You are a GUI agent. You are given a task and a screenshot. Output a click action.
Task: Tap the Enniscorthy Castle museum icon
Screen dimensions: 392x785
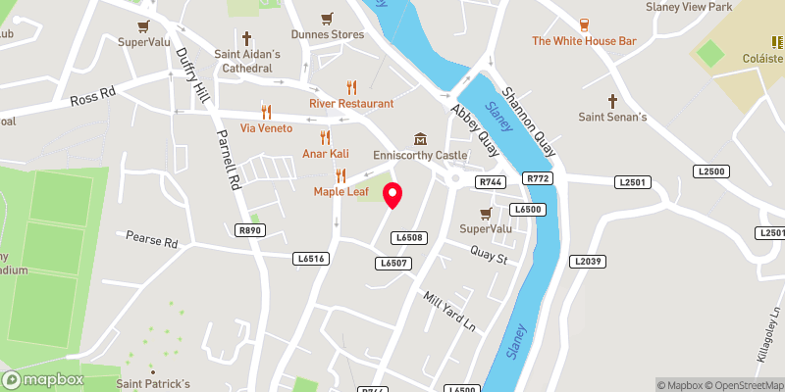[420, 139]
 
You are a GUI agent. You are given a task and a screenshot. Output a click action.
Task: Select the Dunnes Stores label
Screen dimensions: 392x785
[328, 34]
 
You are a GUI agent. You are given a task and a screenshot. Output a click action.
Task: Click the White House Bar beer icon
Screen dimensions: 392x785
[583, 24]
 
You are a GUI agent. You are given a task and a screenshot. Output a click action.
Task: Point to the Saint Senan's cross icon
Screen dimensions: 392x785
[613, 101]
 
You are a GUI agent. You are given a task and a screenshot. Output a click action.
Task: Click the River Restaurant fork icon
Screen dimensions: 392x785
[351, 86]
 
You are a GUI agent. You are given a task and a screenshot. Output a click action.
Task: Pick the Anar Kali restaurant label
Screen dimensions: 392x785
[325, 154]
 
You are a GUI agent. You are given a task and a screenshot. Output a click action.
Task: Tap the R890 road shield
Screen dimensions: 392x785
[251, 230]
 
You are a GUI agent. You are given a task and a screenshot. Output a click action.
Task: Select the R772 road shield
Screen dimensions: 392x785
[538, 178]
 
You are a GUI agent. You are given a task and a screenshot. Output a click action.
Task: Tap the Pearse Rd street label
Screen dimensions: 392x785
[152, 240]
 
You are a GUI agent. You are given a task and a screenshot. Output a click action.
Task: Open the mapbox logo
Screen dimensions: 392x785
[44, 379]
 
